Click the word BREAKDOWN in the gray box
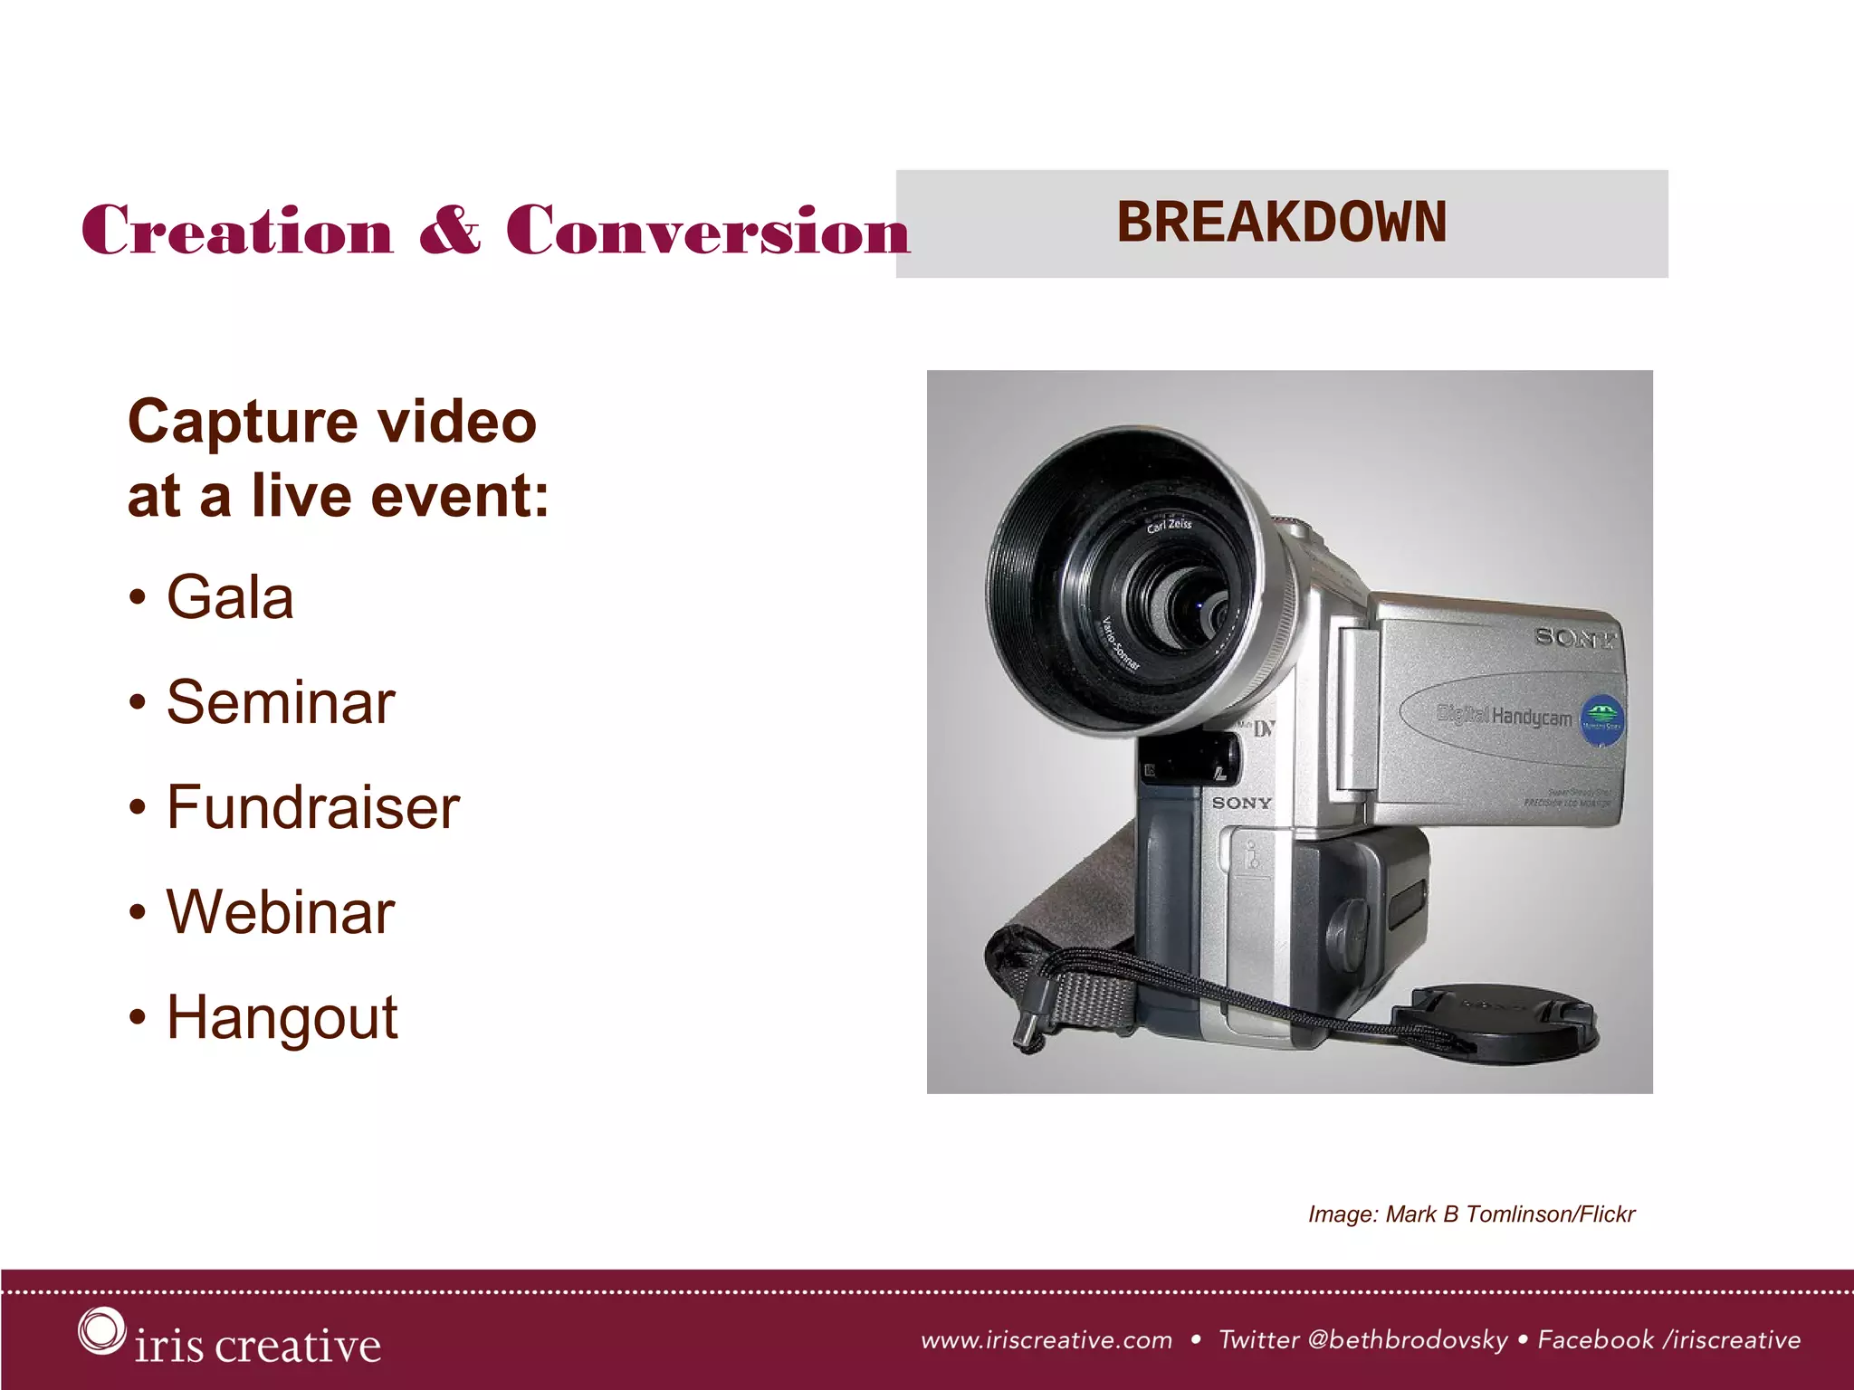[x=1281, y=223]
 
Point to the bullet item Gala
[x=229, y=597]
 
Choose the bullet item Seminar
[x=280, y=702]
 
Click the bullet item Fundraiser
[x=312, y=807]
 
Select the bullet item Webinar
[x=280, y=912]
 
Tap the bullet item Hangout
[x=282, y=1018]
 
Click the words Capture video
[x=332, y=422]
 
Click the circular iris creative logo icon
[x=100, y=1330]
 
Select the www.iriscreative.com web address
[x=1046, y=1340]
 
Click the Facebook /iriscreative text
[x=1668, y=1340]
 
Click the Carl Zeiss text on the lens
[x=1169, y=525]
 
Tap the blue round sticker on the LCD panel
[x=1601, y=720]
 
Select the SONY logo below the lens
[x=1241, y=803]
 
